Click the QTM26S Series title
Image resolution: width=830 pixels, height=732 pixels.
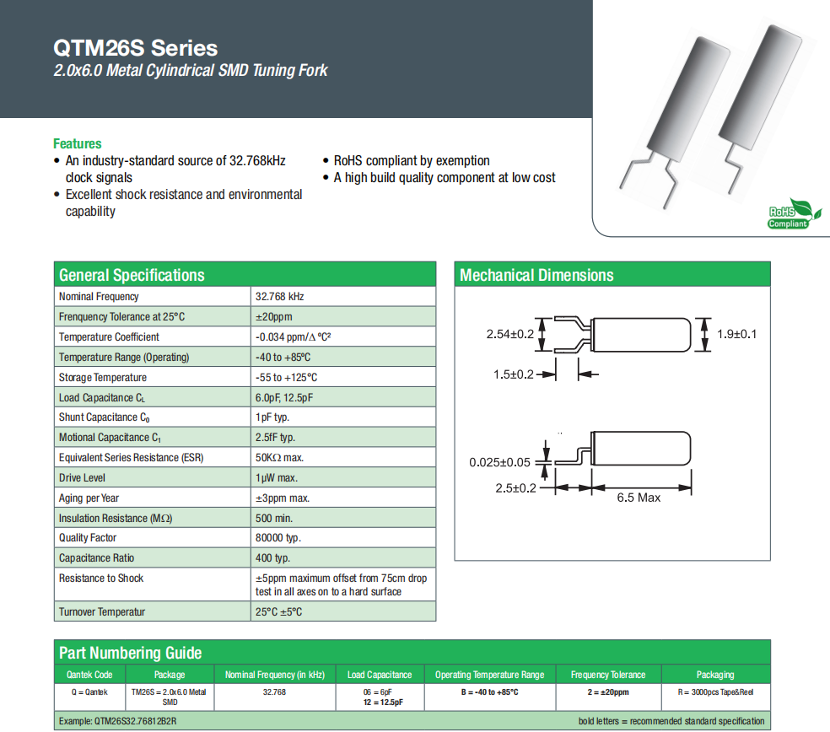pyautogui.click(x=135, y=48)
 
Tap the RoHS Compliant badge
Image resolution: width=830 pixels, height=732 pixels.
pyautogui.click(x=788, y=217)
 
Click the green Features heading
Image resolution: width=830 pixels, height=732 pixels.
pyautogui.click(x=77, y=143)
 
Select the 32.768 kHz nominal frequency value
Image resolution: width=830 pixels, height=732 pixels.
pyautogui.click(x=279, y=297)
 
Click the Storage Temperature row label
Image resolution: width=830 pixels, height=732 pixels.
pyautogui.click(x=103, y=377)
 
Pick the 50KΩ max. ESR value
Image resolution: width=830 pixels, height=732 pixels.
pyautogui.click(x=279, y=457)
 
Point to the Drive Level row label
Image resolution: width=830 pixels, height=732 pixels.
pyautogui.click(x=82, y=477)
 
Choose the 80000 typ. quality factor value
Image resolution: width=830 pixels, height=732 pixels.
pyautogui.click(x=278, y=537)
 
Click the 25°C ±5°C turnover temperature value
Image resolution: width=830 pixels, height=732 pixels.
pyautogui.click(x=278, y=611)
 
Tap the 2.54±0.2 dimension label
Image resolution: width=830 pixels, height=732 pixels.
pyautogui.click(x=510, y=334)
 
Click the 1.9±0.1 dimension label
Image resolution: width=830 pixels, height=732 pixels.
pyautogui.click(x=737, y=334)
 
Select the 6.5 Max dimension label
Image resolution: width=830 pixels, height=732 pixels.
pyautogui.click(x=639, y=498)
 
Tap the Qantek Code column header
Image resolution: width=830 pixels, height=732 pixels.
pyautogui.click(x=89, y=675)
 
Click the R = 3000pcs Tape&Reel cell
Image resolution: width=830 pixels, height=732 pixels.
pyautogui.click(x=715, y=692)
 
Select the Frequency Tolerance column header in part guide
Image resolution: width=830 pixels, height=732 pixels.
pyautogui.click(x=607, y=675)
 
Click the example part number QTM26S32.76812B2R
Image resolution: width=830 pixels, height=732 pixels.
pyautogui.click(x=118, y=721)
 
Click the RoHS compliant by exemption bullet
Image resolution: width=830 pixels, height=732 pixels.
pyautogui.click(x=412, y=160)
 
